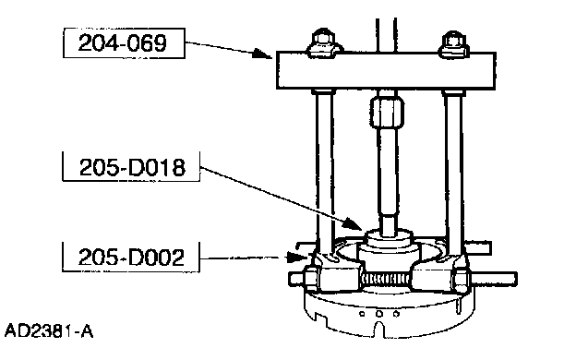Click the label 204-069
pyautogui.click(x=123, y=42)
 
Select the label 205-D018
pyautogui.click(x=132, y=167)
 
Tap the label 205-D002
pyautogui.click(x=131, y=257)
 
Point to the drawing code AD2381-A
pyautogui.click(x=49, y=331)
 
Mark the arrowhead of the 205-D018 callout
pyautogui.click(x=353, y=223)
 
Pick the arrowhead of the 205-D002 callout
pyautogui.click(x=297, y=257)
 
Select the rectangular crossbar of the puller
pyautogui.click(x=386, y=70)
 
